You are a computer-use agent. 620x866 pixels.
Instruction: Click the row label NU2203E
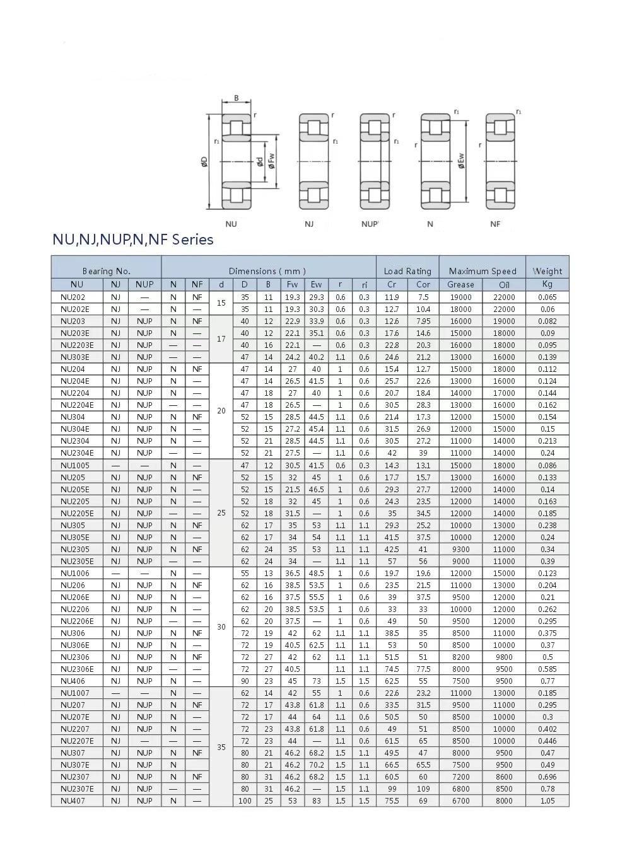[x=77, y=345]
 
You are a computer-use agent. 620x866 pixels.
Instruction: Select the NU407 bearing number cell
[x=73, y=801]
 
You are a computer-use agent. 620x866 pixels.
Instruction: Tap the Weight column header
[x=547, y=271]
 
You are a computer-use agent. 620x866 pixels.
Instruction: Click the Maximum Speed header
[x=483, y=271]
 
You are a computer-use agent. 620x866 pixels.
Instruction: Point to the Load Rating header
[x=407, y=271]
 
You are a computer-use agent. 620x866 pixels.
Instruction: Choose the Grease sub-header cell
[x=460, y=284]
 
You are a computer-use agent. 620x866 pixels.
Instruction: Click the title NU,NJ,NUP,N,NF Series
[x=133, y=240]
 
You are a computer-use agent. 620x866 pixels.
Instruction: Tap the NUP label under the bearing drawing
[x=370, y=224]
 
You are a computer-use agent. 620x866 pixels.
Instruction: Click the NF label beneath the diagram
[x=495, y=224]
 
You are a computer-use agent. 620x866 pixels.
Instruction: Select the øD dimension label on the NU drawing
[x=204, y=162]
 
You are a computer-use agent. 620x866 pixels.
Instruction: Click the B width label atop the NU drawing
[x=237, y=98]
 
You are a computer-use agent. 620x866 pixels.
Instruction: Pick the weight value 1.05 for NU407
[x=547, y=801]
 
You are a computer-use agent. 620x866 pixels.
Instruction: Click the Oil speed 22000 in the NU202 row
[x=504, y=297]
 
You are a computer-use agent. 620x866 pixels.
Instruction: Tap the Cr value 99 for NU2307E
[x=392, y=789]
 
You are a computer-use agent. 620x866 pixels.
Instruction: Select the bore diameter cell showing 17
[x=221, y=339]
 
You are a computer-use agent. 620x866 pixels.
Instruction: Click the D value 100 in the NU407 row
[x=245, y=801]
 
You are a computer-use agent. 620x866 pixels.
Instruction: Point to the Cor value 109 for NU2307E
[x=423, y=789]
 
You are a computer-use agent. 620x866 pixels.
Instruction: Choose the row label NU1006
[x=75, y=574]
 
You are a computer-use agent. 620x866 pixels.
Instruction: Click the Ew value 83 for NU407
[x=316, y=801]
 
